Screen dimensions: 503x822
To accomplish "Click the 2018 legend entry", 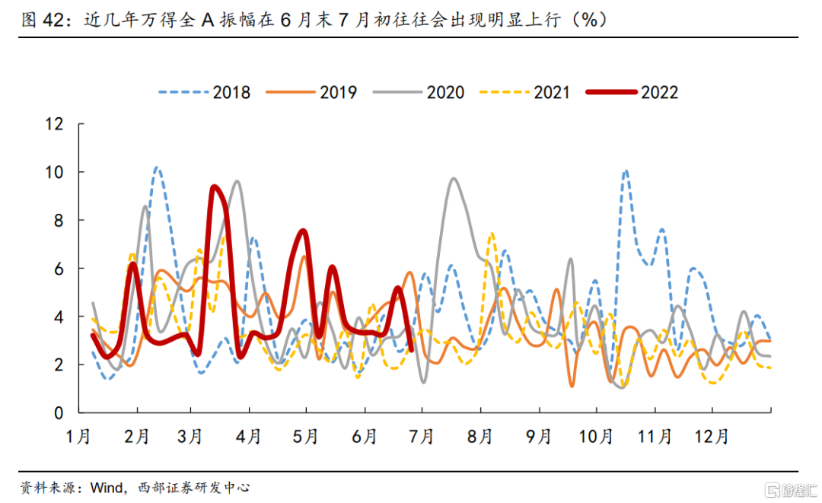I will [205, 93].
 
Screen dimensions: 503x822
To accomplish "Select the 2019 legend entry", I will [312, 93].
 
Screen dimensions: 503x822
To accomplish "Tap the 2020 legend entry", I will [419, 93].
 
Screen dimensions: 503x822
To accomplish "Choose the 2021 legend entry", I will [526, 93].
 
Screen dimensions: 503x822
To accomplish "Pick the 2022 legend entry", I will [633, 93].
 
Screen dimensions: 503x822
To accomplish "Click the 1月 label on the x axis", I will [78, 437].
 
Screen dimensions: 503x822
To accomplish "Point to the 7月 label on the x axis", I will [422, 437].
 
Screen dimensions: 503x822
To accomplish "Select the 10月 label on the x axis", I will [596, 437].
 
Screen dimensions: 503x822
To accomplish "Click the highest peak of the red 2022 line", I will [214, 186].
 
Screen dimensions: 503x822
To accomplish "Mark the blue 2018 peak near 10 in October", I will [625, 171].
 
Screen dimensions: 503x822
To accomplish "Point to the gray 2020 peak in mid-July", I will [454, 179].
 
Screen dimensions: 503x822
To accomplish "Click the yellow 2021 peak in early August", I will [492, 234].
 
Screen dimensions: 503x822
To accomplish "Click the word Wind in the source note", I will [104, 487].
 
